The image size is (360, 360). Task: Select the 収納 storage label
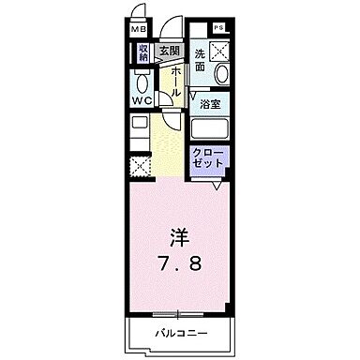point(143,53)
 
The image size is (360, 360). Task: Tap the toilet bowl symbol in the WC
point(142,77)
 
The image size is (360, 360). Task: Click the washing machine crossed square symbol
point(224,52)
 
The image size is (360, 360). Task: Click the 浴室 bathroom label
point(210,105)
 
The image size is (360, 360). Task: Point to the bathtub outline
point(212,129)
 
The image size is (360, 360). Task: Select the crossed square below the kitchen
point(141,168)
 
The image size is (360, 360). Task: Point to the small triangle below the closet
point(217,185)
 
